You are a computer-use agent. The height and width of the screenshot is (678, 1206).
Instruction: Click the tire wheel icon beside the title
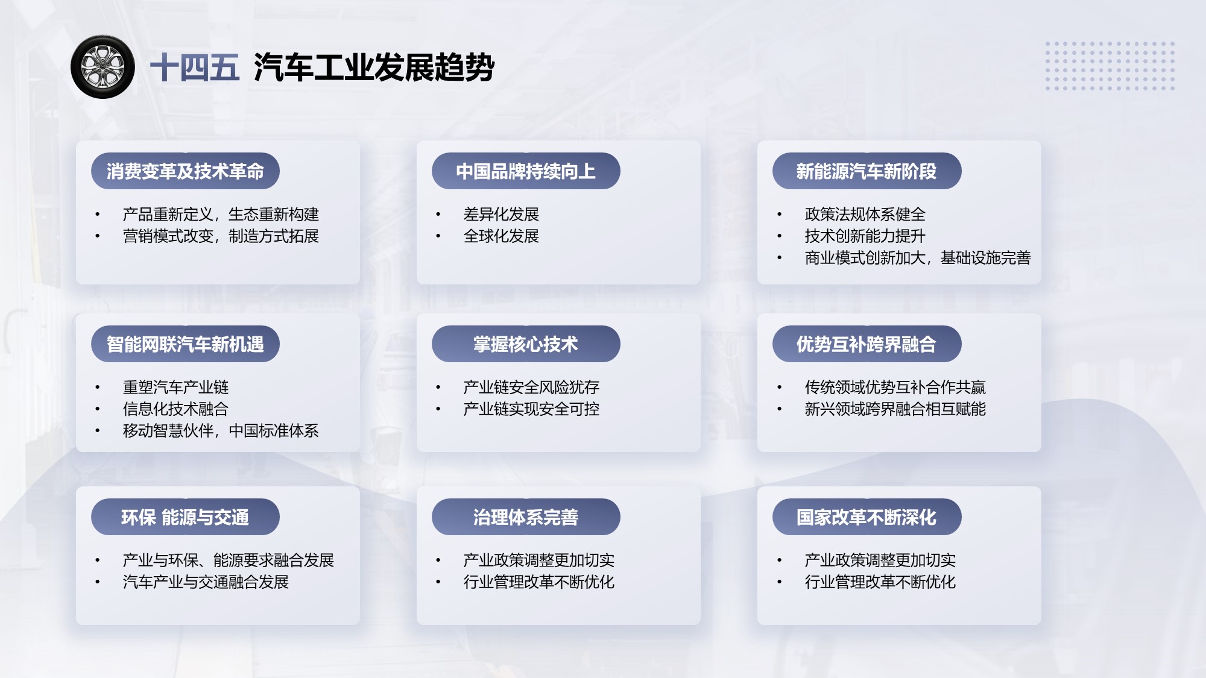pyautogui.click(x=103, y=67)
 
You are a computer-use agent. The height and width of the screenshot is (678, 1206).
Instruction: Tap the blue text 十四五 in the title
pyautogui.click(x=195, y=67)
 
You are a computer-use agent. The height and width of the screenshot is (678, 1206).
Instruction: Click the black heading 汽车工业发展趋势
pyautogui.click(x=374, y=67)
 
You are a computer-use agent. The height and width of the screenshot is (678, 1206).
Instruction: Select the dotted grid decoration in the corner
pyautogui.click(x=1110, y=66)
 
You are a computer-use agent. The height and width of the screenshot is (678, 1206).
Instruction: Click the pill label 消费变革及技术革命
pyautogui.click(x=185, y=171)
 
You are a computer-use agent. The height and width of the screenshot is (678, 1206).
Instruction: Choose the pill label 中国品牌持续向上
pyautogui.click(x=526, y=171)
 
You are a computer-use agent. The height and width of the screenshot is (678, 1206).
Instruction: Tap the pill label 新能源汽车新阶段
pyautogui.click(x=867, y=171)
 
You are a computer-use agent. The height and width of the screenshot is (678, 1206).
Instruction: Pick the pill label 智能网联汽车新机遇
pyautogui.click(x=185, y=344)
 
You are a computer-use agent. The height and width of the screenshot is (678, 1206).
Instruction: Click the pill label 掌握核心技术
pyautogui.click(x=526, y=344)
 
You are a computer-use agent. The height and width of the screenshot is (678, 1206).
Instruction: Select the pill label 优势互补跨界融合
pyautogui.click(x=867, y=344)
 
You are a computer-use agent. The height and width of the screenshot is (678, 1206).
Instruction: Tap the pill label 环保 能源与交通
pyautogui.click(x=185, y=517)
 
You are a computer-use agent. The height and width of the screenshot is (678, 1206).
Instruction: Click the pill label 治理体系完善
pyautogui.click(x=526, y=517)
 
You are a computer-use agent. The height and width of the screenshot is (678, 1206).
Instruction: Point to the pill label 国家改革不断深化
pyautogui.click(x=867, y=517)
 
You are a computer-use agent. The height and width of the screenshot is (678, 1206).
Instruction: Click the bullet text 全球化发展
pyautogui.click(x=501, y=236)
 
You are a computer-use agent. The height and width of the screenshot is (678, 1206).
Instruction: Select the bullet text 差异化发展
pyautogui.click(x=501, y=215)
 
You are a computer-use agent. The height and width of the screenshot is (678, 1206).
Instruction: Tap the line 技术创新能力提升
pyautogui.click(x=865, y=236)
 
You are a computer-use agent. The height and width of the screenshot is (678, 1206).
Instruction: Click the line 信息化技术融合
pyautogui.click(x=175, y=409)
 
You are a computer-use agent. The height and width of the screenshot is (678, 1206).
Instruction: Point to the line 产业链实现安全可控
pyautogui.click(x=531, y=409)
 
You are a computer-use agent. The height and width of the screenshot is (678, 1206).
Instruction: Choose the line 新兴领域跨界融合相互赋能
pyautogui.click(x=895, y=409)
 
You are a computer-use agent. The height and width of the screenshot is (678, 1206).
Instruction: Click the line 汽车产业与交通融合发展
pyautogui.click(x=206, y=582)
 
